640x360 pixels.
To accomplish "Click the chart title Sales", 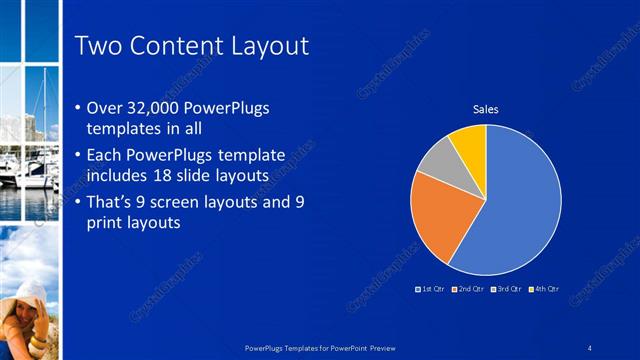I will coord(485,109).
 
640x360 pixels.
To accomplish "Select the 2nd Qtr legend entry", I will coord(468,289).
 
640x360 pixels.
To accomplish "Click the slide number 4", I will coord(590,347).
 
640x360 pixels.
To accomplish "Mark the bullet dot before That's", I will coord(79,203).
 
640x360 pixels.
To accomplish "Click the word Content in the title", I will coord(177,46).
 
